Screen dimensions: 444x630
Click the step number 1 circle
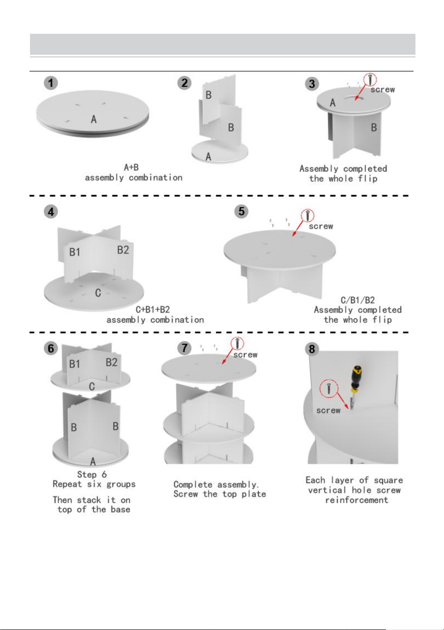coord(50,83)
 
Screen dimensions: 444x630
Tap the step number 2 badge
coord(184,83)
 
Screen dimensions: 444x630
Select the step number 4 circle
coord(50,211)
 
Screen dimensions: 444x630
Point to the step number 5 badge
coord(241,211)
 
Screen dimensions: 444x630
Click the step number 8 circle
coord(312,349)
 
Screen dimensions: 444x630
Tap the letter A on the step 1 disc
coord(94,119)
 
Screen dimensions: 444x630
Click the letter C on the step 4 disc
coord(98,293)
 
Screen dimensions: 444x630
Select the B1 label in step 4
coord(75,252)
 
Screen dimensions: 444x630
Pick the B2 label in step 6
coord(111,362)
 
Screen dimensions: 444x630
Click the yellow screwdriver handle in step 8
coord(356,378)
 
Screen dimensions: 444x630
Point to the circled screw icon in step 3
coord(370,79)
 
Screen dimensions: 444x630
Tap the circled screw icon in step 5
coord(307,216)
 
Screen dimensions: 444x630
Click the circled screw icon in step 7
coord(237,344)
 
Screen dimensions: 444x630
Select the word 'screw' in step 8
coord(328,410)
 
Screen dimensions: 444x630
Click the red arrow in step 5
coord(298,228)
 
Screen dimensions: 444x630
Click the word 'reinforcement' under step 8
coord(356,500)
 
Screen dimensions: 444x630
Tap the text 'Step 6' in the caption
coord(92,474)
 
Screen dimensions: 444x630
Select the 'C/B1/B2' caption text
coord(357,300)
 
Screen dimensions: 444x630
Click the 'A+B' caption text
coord(131,167)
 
